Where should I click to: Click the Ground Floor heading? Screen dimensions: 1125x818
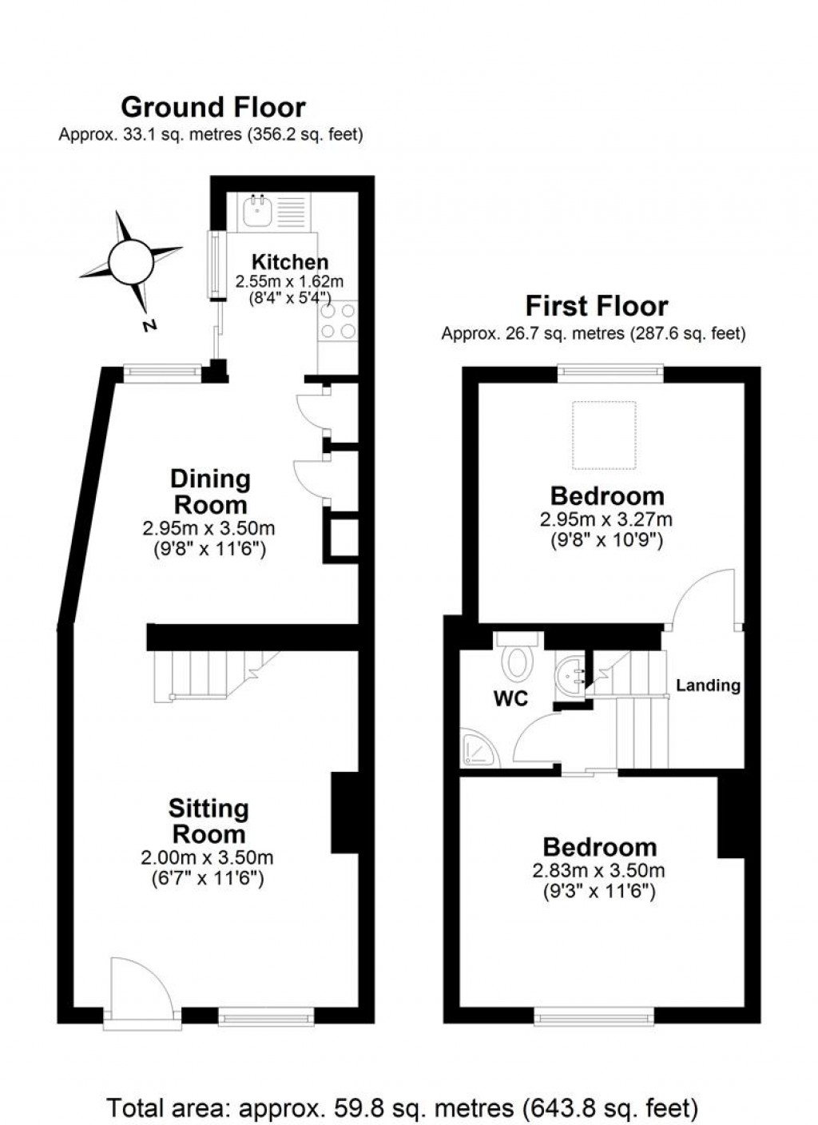(x=212, y=107)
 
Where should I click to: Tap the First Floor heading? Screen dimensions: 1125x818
(x=596, y=306)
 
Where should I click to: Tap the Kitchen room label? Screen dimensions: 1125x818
(x=289, y=262)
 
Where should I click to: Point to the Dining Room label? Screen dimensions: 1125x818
(x=210, y=491)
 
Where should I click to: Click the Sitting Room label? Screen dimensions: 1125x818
(x=208, y=821)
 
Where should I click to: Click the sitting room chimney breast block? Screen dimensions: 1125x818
(x=344, y=812)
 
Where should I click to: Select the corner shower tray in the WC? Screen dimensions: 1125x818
(x=479, y=749)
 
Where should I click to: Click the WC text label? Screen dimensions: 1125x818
(x=510, y=698)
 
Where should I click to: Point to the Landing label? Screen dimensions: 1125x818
(x=708, y=686)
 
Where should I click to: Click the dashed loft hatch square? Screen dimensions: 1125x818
(x=604, y=435)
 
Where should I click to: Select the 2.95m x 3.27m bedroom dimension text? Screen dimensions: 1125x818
(x=606, y=519)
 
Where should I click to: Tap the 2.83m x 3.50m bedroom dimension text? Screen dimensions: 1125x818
(x=598, y=871)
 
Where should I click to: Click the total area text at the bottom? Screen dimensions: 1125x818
(x=403, y=1108)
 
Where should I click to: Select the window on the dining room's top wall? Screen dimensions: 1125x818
(x=163, y=372)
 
